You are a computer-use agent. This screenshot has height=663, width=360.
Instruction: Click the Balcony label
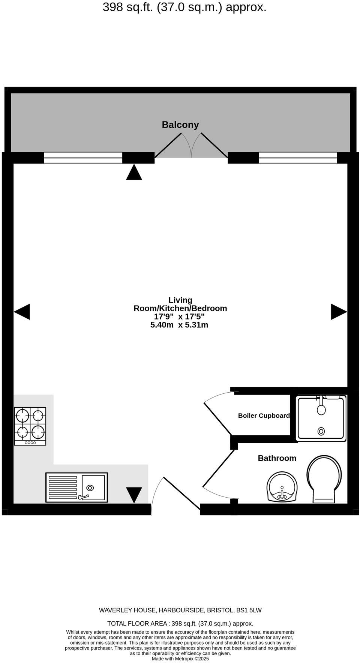click(180, 124)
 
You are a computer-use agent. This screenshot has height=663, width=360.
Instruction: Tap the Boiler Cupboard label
click(264, 415)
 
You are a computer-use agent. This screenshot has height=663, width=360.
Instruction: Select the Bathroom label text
click(277, 458)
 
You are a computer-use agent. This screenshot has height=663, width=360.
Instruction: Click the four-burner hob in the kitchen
click(30, 426)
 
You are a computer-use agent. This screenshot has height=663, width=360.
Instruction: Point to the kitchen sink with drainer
click(76, 487)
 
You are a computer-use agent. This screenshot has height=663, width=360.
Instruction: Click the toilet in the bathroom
click(324, 478)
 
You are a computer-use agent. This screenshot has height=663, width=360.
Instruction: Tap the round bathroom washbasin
click(282, 487)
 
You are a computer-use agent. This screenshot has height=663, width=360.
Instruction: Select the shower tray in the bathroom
click(321, 418)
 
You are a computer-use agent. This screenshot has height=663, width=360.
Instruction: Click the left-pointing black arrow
click(22, 312)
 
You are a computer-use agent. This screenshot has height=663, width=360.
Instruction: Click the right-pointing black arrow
click(339, 312)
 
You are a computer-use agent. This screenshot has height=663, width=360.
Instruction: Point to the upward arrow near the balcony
click(134, 172)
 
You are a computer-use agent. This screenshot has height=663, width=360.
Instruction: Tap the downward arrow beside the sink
click(134, 495)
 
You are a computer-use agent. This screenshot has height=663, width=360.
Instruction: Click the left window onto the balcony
click(83, 158)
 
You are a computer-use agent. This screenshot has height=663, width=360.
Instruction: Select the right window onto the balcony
click(298, 158)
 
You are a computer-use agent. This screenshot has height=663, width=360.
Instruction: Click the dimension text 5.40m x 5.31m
click(179, 325)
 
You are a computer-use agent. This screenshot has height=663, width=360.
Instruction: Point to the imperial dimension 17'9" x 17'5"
click(179, 316)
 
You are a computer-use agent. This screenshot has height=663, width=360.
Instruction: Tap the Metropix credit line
click(180, 658)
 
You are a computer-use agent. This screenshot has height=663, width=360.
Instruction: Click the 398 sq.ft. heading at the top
click(184, 7)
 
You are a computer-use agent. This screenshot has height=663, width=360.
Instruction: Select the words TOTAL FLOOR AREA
click(137, 624)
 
